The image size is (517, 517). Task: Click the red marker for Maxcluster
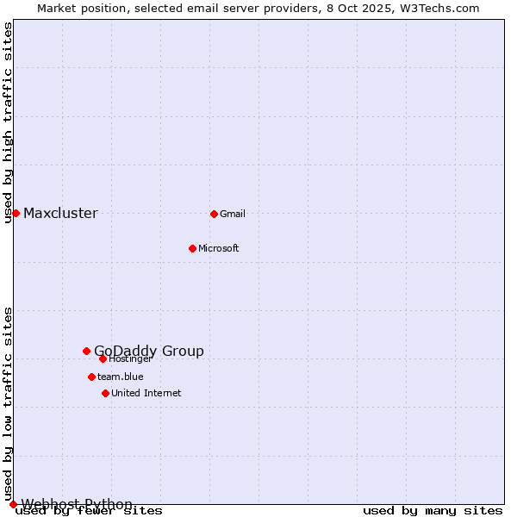tap(16, 213)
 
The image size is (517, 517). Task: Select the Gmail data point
tap(214, 214)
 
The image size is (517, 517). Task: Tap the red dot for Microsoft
tap(192, 248)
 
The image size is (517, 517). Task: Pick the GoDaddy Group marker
tap(86, 351)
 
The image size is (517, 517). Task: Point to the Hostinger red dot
tap(103, 358)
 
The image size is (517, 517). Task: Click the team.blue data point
tap(91, 377)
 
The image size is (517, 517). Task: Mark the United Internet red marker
tap(105, 393)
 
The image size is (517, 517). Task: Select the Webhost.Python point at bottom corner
tap(13, 504)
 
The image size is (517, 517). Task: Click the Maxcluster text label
tap(60, 214)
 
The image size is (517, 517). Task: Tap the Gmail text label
tap(233, 214)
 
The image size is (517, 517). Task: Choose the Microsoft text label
tap(219, 248)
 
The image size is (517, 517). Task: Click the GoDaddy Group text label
tap(149, 351)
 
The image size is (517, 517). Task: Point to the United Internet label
tap(146, 393)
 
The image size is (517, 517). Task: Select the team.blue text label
tap(121, 377)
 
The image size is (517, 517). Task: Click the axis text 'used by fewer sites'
tap(90, 511)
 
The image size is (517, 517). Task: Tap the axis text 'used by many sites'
tap(433, 511)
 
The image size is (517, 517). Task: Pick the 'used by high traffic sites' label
tap(9, 122)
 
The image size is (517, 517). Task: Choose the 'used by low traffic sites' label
tap(9, 403)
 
